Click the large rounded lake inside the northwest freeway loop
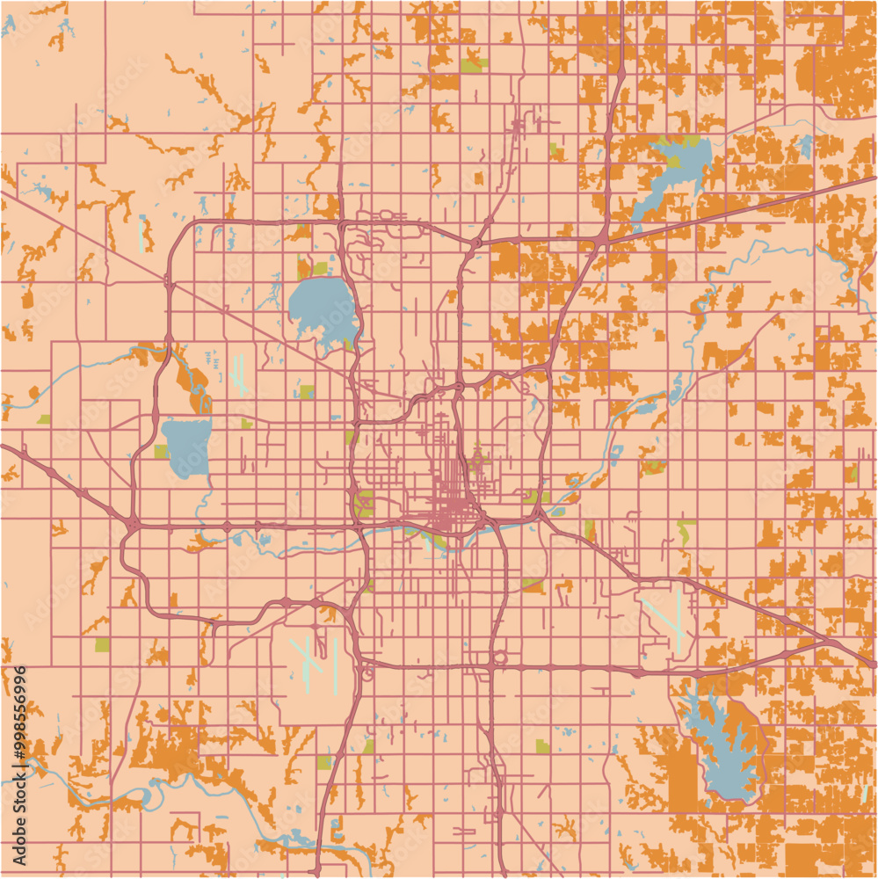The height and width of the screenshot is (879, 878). (x=322, y=308)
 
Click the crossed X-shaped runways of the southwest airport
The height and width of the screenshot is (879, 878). (x=303, y=659)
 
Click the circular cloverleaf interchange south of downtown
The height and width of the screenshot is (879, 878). (x=499, y=657)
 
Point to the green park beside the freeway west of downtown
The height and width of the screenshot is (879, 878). (x=363, y=504)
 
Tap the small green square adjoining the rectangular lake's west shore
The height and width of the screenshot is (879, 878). (x=161, y=452)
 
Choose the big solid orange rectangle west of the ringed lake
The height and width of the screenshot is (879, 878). (x=682, y=779)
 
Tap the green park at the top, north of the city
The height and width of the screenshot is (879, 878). (x=472, y=65)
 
